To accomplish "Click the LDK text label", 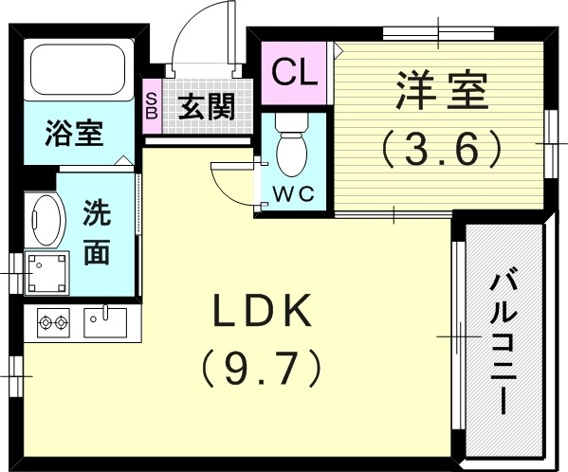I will point(260,310).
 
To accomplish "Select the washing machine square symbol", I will point(45,272).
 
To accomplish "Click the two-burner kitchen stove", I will point(53,322).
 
